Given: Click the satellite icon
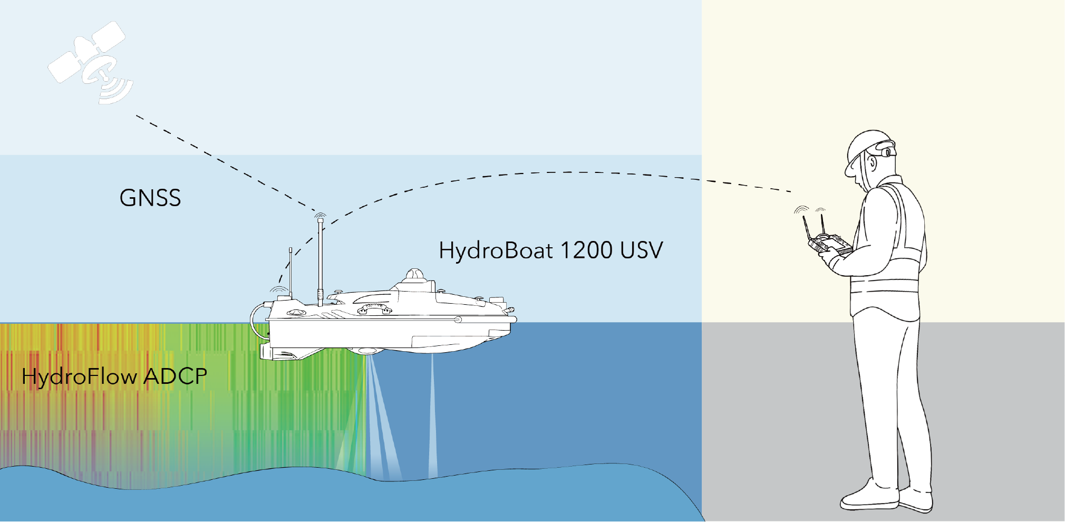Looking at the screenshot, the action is click(x=91, y=62).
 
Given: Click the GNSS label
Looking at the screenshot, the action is click(x=150, y=198).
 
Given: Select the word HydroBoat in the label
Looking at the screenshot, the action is click(x=496, y=250).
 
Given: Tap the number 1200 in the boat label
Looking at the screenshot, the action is click(x=587, y=250).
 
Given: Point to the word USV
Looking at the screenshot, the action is click(x=642, y=250).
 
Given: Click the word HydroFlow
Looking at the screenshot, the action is click(x=79, y=376).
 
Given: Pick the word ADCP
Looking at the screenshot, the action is click(x=175, y=376).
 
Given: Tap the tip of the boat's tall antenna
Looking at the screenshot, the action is click(x=320, y=219).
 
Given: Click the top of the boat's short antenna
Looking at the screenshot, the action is click(x=291, y=249).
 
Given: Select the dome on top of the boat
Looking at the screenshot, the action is click(x=415, y=275).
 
